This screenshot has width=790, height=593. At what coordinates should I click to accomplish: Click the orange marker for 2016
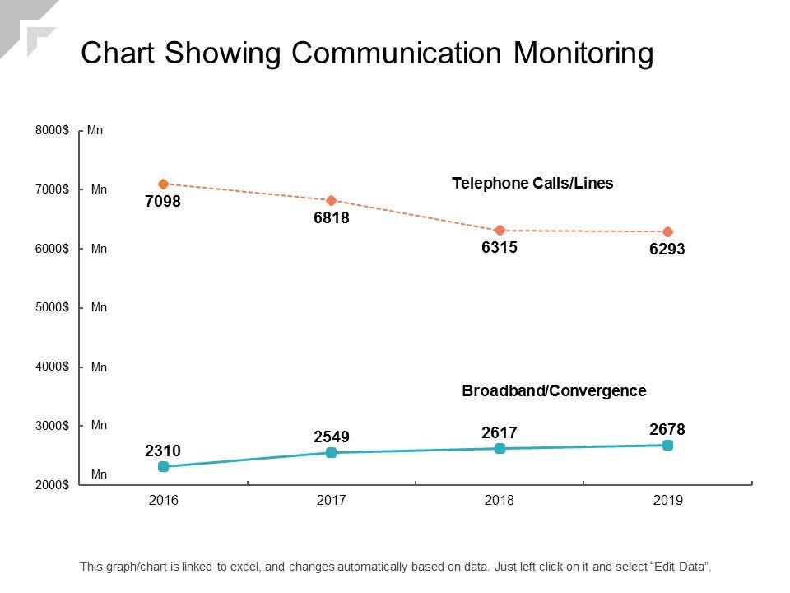click(x=163, y=184)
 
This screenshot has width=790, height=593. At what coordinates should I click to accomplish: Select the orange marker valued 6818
click(x=332, y=201)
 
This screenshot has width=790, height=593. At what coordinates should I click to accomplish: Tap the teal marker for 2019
click(x=667, y=445)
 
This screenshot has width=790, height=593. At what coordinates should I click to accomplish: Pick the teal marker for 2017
click(x=332, y=452)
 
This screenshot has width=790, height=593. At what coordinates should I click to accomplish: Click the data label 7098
click(x=163, y=201)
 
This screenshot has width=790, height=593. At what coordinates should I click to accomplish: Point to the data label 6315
click(x=500, y=247)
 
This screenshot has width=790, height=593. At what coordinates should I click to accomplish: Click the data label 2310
click(x=163, y=451)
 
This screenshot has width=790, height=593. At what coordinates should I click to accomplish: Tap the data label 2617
click(x=500, y=432)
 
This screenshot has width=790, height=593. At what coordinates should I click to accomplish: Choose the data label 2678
click(x=667, y=429)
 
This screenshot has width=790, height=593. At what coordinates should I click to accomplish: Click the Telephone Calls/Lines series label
click(x=532, y=183)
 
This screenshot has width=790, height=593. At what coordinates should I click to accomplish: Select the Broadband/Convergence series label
click(x=554, y=390)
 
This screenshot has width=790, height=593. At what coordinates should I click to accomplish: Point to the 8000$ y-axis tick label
click(x=52, y=130)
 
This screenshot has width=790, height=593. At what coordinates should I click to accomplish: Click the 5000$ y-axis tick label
click(x=52, y=307)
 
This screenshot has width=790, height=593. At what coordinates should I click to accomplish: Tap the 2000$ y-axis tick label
click(x=52, y=484)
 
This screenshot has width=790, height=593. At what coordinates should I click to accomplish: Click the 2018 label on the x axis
click(x=500, y=500)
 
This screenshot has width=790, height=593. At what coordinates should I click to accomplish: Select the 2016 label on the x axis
click(x=163, y=500)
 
